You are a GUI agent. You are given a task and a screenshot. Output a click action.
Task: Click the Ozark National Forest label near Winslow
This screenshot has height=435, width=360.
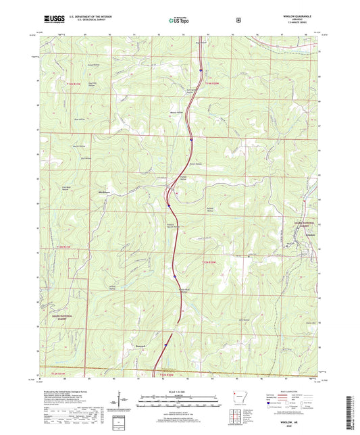[x=304, y=226]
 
